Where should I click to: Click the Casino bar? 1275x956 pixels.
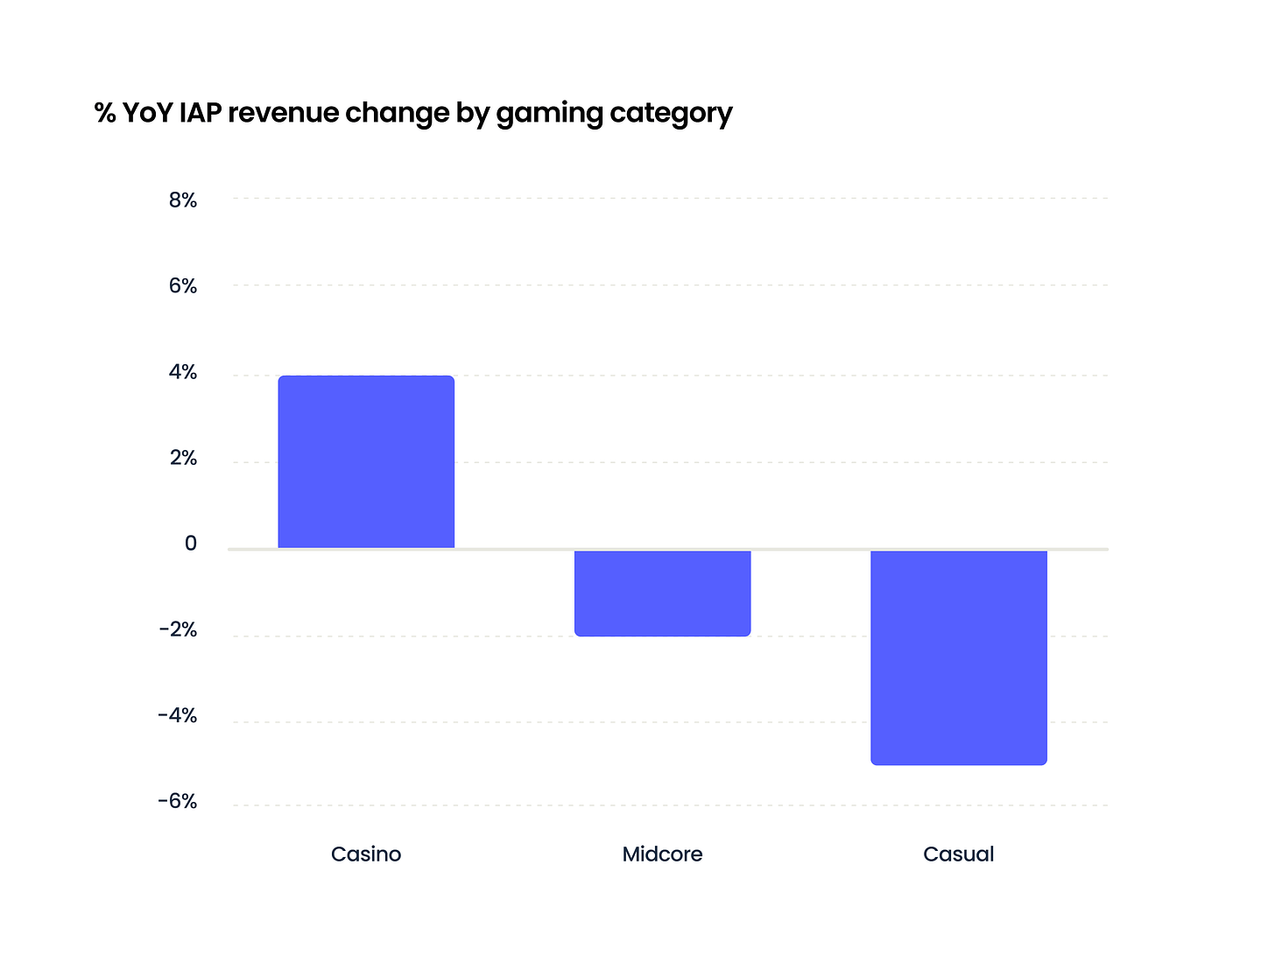pos(366,462)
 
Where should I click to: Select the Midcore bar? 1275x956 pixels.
pos(662,593)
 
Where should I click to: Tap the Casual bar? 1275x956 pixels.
pos(959,657)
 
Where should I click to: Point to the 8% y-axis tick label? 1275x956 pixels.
pos(183,200)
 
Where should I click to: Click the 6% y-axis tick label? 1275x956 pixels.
pos(183,286)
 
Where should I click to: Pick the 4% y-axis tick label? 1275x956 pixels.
pos(183,373)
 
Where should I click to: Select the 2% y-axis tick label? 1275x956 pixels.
pos(183,459)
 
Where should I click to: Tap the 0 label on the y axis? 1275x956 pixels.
pos(191,544)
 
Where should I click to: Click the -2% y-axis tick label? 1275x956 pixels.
pos(178,630)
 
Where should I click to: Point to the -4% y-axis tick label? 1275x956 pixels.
pos(178,716)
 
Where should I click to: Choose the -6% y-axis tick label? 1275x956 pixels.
pos(178,802)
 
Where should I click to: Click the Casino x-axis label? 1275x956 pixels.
pos(366,854)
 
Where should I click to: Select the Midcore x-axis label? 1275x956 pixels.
pos(662,854)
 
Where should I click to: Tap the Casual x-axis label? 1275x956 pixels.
pos(959,854)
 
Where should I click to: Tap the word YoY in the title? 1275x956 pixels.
pos(147,113)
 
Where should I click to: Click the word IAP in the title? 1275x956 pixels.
pos(199,113)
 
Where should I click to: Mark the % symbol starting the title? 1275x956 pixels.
pos(105,113)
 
